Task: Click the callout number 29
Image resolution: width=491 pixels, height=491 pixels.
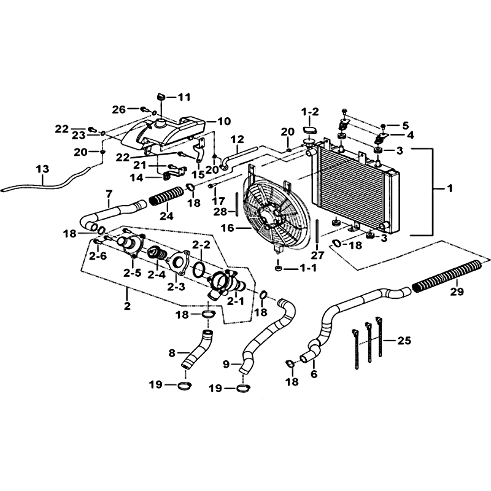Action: [457, 292]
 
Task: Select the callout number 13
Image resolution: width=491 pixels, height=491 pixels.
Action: [42, 169]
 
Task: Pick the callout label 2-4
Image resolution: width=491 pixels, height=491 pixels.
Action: [157, 274]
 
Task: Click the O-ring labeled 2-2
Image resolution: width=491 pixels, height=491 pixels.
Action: [199, 269]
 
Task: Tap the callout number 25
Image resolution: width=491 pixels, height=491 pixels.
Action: [404, 340]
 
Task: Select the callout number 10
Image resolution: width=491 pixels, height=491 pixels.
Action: [224, 121]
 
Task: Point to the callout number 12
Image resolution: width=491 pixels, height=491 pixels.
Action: [238, 140]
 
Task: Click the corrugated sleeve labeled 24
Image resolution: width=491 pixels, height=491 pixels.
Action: [166, 196]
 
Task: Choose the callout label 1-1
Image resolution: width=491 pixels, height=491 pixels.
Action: [308, 268]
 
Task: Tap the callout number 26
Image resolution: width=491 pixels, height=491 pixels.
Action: [119, 110]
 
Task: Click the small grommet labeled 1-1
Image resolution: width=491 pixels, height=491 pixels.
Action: [278, 268]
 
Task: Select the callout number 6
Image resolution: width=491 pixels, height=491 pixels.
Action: [314, 374]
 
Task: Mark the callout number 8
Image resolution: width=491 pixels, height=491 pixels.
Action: [172, 354]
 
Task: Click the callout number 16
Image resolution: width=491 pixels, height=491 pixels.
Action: [227, 228]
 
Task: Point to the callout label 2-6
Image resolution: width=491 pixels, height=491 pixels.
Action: [98, 256]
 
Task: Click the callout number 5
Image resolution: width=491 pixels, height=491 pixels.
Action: [406, 126]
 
